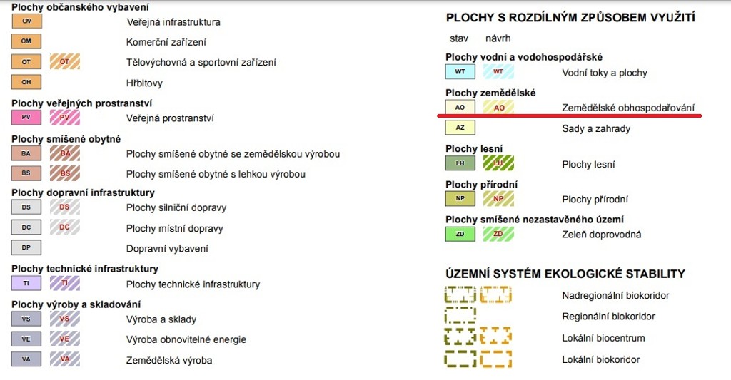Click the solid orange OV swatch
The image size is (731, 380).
click(26, 21)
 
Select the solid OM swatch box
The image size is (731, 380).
click(26, 41)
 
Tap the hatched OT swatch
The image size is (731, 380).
click(65, 61)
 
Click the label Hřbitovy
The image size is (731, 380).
click(144, 83)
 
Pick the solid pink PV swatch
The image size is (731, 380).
click(26, 118)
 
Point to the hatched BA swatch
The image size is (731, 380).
click(65, 153)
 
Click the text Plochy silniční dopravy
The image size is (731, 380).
click(176, 207)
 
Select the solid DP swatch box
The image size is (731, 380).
click(26, 247)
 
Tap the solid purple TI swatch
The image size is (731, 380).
click(26, 283)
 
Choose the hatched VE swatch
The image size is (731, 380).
click(65, 339)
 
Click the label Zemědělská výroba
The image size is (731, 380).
click(169, 361)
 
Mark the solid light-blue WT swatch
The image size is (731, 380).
click(460, 72)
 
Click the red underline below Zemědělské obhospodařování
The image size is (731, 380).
click(569, 115)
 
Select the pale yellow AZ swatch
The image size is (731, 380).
click(460, 128)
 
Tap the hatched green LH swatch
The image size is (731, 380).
click(498, 163)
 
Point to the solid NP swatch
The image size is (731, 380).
click(460, 198)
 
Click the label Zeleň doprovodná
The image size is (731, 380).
click(601, 235)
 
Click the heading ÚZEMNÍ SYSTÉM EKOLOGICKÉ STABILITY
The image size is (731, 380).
click(565, 274)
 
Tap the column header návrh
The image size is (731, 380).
click(498, 38)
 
